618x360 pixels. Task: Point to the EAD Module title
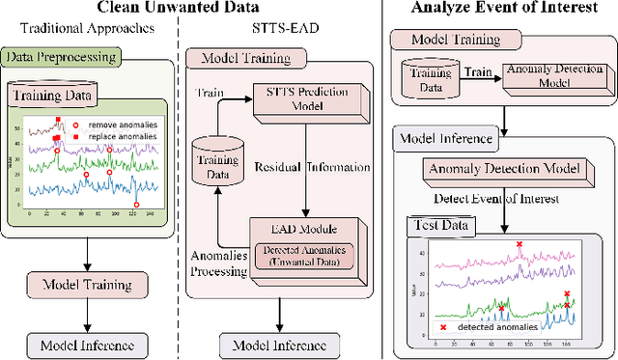coord(306,229)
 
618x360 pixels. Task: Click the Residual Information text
coord(308,165)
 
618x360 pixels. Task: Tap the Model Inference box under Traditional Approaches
coord(87,345)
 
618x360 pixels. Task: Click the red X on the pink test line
coord(519,245)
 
